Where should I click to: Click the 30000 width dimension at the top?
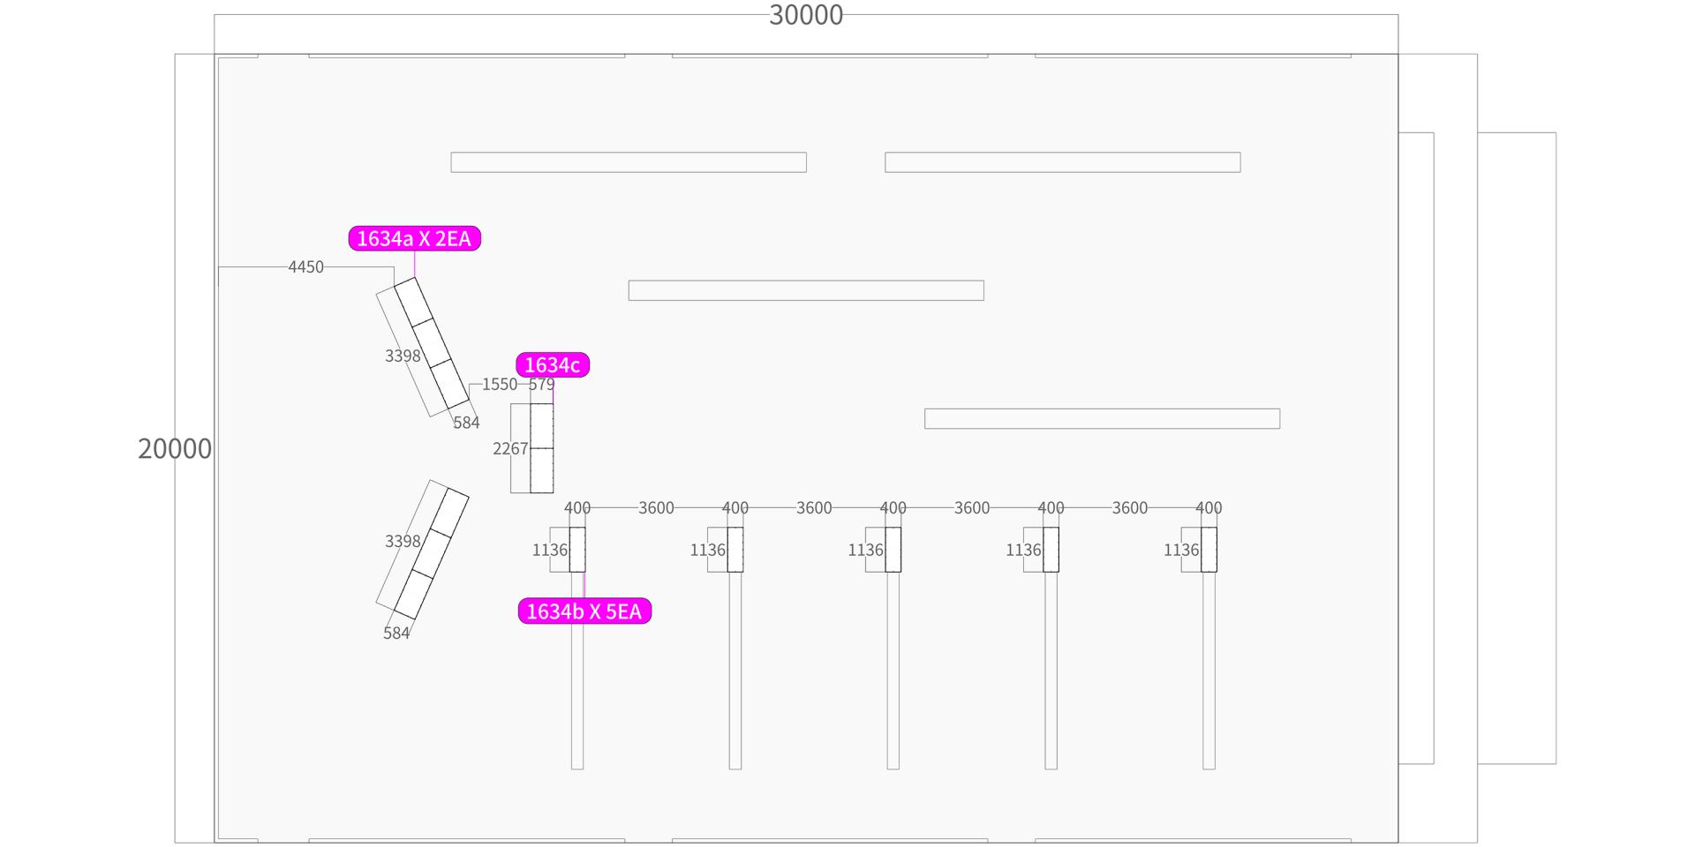click(x=806, y=15)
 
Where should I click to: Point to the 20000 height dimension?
click(x=175, y=448)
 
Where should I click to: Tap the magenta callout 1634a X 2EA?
click(x=415, y=238)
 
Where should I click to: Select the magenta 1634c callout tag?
click(x=553, y=364)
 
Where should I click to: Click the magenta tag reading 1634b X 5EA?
click(x=584, y=611)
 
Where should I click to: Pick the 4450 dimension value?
click(x=306, y=266)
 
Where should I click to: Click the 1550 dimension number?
click(x=500, y=384)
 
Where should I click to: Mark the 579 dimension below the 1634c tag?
click(x=542, y=384)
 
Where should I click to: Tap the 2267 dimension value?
click(x=510, y=448)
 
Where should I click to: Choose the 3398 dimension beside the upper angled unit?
click(x=403, y=356)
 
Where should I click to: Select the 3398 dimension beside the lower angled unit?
click(x=403, y=541)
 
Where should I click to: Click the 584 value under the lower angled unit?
click(x=396, y=633)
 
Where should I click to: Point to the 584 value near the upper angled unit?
click(x=466, y=423)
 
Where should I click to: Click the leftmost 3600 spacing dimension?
click(x=656, y=507)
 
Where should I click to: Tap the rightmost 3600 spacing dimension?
click(x=1130, y=507)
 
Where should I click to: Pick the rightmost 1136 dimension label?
click(x=1181, y=550)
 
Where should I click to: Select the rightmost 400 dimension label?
click(x=1209, y=507)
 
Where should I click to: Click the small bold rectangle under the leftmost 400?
click(x=577, y=550)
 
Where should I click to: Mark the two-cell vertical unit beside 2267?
click(x=542, y=448)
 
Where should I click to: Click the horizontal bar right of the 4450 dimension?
click(x=806, y=290)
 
